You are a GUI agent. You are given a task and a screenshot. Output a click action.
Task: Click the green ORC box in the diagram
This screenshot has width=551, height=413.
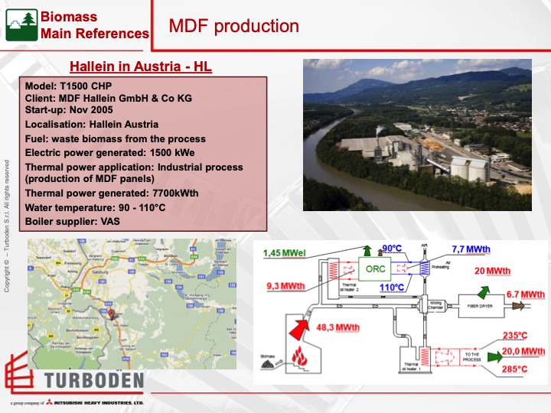[x=375, y=270]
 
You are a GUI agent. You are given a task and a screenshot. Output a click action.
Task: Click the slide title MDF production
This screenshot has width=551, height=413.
[x=233, y=26]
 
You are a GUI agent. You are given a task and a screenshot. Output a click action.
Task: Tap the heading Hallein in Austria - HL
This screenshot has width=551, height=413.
[x=141, y=67]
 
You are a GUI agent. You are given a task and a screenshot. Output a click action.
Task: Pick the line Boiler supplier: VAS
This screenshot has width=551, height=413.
[x=73, y=221]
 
